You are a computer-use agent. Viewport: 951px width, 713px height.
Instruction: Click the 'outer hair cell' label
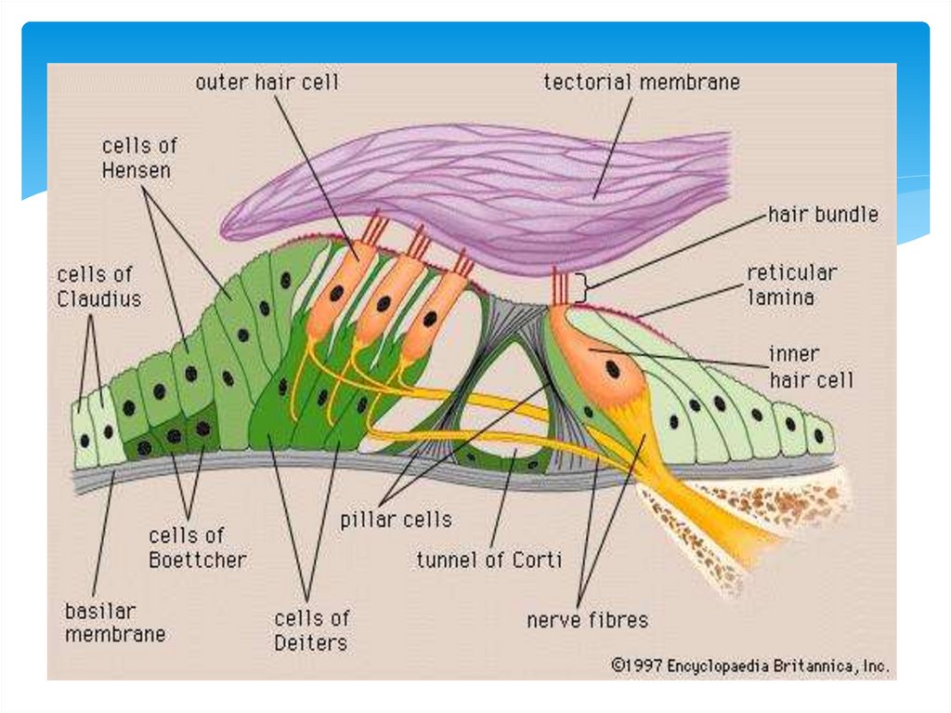point(267,83)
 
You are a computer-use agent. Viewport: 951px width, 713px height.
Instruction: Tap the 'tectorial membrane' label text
point(642,83)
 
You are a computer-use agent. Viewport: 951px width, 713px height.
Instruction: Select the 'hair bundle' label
point(823,215)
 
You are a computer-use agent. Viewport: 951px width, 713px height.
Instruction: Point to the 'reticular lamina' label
point(792,284)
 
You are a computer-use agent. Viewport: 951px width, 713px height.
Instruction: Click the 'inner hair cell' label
point(810,367)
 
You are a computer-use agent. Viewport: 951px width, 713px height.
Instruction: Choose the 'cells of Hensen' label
point(139,158)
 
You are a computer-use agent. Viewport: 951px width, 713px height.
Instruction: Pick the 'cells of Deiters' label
point(312,629)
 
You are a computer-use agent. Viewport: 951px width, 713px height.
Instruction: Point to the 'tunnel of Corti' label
point(489,561)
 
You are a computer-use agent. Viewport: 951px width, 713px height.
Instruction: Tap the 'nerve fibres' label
point(587,619)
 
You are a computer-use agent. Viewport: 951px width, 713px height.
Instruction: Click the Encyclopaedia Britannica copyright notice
point(749,666)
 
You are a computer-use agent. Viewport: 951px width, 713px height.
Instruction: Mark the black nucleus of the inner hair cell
point(613,368)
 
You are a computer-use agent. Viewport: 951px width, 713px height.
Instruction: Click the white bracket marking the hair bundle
point(580,289)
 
